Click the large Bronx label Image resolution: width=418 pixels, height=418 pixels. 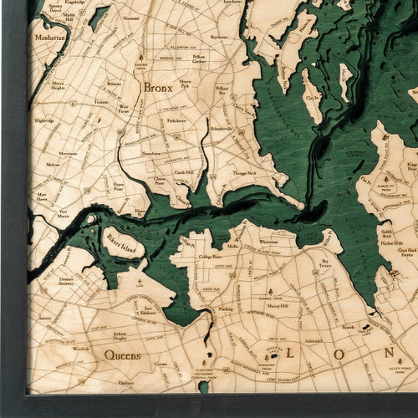click(x=158, y=87)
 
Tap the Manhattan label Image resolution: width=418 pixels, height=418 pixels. click(x=50, y=38)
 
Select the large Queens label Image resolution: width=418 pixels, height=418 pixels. click(x=122, y=355)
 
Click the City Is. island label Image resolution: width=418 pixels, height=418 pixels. click(x=313, y=97)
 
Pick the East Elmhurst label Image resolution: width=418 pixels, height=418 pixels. click(x=149, y=311)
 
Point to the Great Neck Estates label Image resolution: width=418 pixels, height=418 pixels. click(x=407, y=252)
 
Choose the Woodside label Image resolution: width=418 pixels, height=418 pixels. click(x=80, y=349)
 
